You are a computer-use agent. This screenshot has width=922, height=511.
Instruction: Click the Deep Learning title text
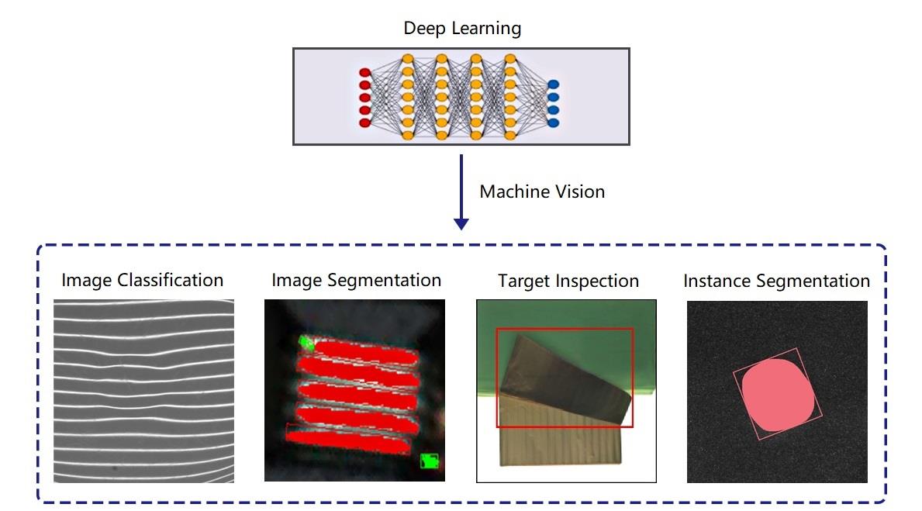(462, 28)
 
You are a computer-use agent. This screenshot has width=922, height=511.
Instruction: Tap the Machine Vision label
(542, 191)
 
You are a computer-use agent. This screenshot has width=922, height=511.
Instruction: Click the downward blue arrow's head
(461, 224)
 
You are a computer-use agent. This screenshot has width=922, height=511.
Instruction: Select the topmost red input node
(364, 73)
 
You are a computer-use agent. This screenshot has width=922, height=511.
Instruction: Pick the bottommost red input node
(364, 123)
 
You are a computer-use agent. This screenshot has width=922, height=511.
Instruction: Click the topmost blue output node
(553, 85)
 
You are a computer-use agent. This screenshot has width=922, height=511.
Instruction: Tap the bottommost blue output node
(553, 123)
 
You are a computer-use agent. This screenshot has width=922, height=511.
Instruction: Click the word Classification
(171, 280)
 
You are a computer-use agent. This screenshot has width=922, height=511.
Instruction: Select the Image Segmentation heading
(357, 281)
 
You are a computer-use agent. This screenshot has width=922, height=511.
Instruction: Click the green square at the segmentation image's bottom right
(430, 461)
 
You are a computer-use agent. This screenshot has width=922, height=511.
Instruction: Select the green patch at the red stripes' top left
(306, 342)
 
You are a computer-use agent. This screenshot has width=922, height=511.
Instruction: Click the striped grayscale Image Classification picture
(144, 391)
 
